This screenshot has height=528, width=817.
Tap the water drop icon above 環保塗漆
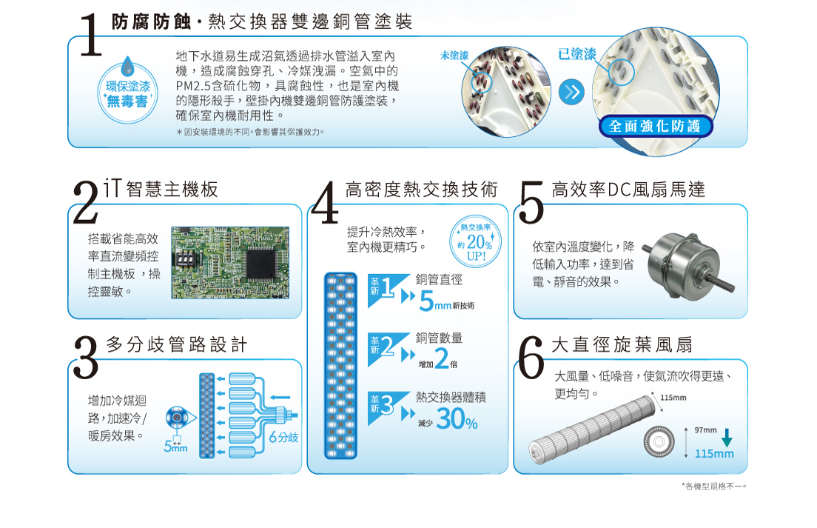(x=127, y=67)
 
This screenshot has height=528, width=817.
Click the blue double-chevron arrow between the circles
(x=571, y=93)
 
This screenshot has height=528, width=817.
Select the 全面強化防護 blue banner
(x=655, y=127)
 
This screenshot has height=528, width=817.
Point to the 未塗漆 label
(x=454, y=56)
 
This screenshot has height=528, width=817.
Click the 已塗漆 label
(x=576, y=54)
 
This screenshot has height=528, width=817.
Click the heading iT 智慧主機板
(x=161, y=189)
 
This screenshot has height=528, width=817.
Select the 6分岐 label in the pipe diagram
(x=283, y=438)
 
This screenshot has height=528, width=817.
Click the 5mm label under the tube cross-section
(x=175, y=447)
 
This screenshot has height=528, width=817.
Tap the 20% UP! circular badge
(x=475, y=241)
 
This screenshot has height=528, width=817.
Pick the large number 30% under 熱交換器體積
(x=457, y=418)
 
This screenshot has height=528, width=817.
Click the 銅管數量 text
(x=439, y=338)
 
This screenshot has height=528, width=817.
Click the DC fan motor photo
(x=688, y=267)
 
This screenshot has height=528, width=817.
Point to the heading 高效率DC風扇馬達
(x=628, y=190)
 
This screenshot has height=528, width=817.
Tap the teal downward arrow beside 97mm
(x=726, y=438)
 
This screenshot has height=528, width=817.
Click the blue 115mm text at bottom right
(x=714, y=454)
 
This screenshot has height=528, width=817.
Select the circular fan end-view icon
(x=659, y=442)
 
